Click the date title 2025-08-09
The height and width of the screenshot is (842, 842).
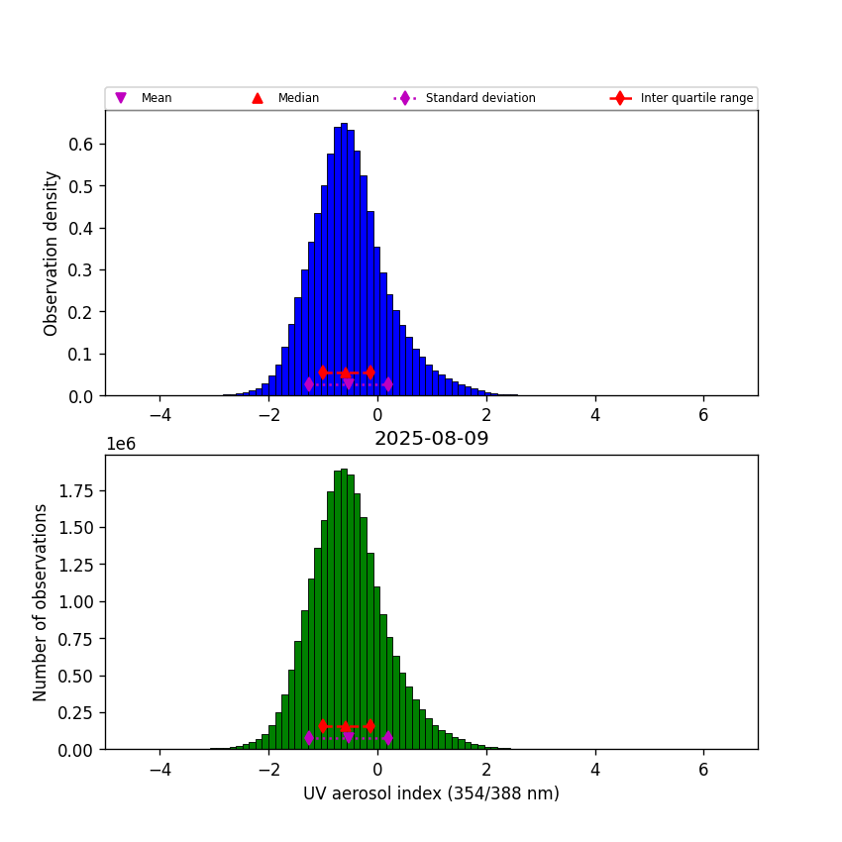(x=431, y=439)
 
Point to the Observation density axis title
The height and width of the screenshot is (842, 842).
(x=52, y=253)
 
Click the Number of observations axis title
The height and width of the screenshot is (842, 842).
(x=41, y=602)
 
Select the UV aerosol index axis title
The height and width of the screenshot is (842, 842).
(x=431, y=793)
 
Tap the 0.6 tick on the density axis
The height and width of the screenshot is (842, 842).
(x=82, y=144)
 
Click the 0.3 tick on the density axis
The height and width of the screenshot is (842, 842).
(x=82, y=269)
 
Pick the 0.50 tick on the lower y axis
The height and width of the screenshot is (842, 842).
(x=77, y=677)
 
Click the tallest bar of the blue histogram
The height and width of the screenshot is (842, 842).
(x=344, y=258)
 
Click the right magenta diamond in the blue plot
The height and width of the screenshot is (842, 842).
(x=387, y=384)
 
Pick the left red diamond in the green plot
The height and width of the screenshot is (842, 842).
(x=323, y=726)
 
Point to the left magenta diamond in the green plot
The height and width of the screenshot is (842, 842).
(x=309, y=738)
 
